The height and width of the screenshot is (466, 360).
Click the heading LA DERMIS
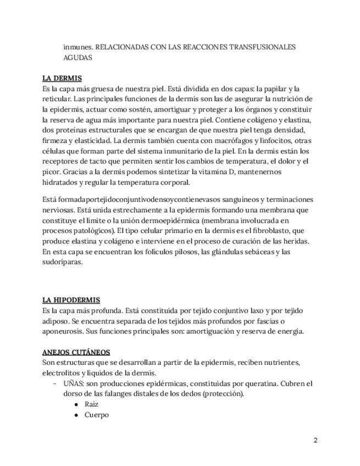(62, 77)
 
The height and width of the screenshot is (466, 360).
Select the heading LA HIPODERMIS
(71, 300)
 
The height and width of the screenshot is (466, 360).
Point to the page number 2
(315, 440)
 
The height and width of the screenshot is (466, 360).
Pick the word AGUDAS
(77, 57)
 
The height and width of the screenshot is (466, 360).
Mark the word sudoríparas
(62, 263)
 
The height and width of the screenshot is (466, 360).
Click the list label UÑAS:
(75, 383)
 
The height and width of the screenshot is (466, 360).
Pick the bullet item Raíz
(91, 404)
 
